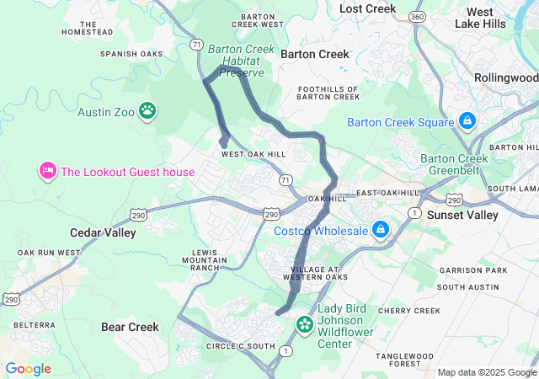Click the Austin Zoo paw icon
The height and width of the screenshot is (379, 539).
click(x=148, y=110)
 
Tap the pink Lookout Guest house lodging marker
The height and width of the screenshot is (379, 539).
click(x=46, y=172)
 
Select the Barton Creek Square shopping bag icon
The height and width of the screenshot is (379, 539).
click(x=467, y=122)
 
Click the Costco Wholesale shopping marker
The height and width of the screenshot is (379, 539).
click(x=381, y=230)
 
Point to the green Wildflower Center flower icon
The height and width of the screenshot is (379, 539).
click(x=304, y=323)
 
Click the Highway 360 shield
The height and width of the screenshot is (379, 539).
click(x=416, y=17)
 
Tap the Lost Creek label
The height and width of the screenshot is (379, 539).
click(x=367, y=8)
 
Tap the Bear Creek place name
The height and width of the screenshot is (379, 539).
click(x=130, y=326)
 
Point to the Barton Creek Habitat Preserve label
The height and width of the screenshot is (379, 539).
click(x=242, y=61)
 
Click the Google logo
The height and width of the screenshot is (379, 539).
click(x=28, y=369)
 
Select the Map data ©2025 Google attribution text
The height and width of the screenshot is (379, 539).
click(x=487, y=372)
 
